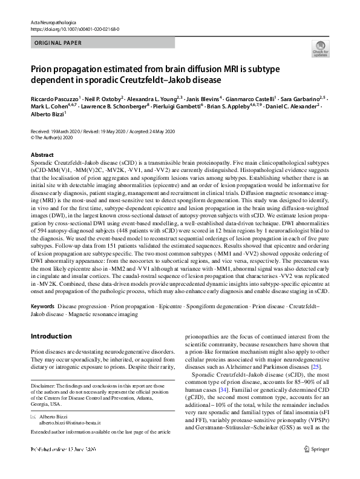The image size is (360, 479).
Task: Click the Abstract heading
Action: point(42,155)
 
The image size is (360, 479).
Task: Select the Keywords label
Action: point(42,306)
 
